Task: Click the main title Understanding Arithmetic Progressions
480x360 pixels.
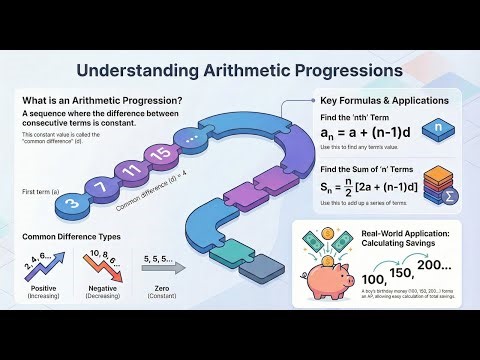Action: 240,71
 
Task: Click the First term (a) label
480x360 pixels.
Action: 39,189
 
